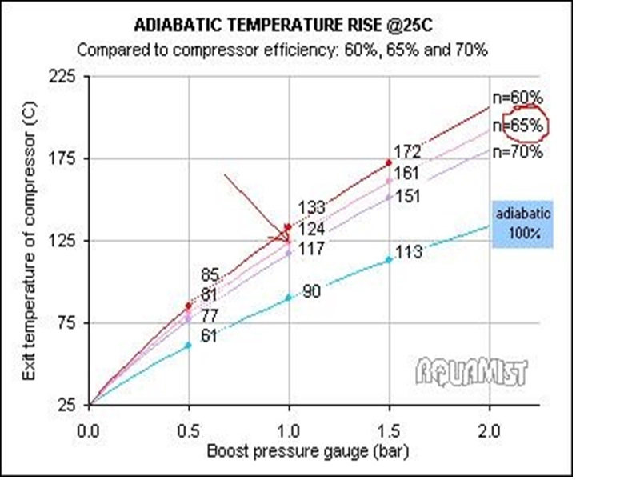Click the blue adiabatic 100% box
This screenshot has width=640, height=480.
click(523, 224)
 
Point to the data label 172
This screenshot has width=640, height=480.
click(407, 151)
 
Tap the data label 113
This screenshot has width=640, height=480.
click(409, 252)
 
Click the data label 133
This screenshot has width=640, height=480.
click(310, 208)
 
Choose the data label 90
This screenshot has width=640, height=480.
click(311, 292)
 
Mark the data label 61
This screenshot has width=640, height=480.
click(209, 336)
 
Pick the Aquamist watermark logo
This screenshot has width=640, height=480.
click(472, 370)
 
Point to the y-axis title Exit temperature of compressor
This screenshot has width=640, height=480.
click(30, 240)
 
